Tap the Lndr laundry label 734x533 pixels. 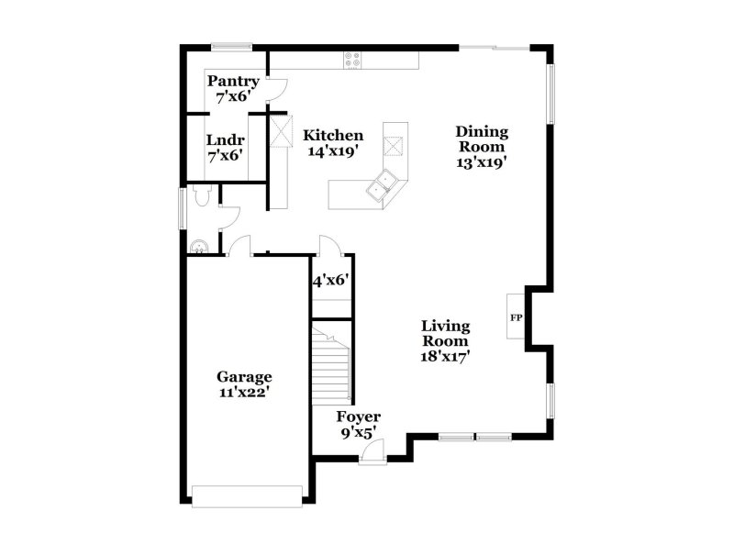click(225, 139)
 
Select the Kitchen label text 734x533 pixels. click(333, 135)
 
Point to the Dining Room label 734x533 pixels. click(482, 139)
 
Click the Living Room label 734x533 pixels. click(446, 334)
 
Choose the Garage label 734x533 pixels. click(244, 376)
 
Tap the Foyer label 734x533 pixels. click(358, 416)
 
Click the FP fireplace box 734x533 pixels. click(516, 317)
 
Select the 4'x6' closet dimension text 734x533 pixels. click(332, 281)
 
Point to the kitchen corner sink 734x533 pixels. click(382, 185)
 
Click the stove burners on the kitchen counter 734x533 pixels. click(352, 60)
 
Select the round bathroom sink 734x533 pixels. click(198, 245)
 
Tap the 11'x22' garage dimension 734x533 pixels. click(244, 392)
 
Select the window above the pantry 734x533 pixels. click(230, 47)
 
